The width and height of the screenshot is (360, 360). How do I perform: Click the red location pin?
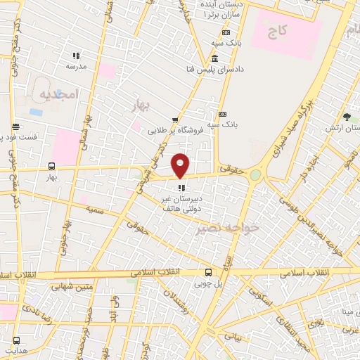[181, 165]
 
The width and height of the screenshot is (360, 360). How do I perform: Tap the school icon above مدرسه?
[76, 56]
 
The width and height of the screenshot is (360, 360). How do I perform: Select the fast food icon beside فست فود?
[15, 127]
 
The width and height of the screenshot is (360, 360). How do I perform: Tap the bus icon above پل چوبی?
[208, 272]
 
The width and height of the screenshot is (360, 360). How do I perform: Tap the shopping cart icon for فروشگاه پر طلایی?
[175, 120]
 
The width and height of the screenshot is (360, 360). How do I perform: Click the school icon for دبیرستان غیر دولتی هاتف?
[181, 188]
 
